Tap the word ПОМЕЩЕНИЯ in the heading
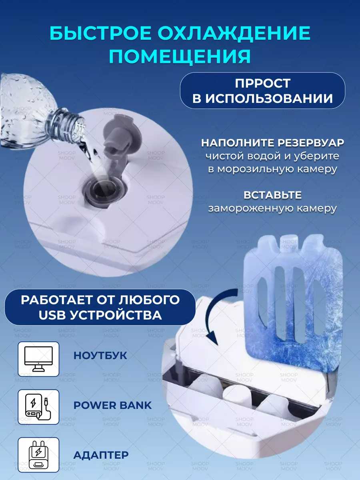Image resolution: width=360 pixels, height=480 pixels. [x=180, y=56]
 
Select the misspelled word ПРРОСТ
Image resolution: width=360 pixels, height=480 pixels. [x=262, y=83]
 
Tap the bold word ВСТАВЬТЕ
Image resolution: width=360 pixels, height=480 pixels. [x=272, y=195]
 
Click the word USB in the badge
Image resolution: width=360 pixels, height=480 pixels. [x=52, y=315]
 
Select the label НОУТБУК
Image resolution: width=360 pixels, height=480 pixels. [x=100, y=355]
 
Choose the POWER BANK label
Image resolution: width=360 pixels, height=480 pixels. [x=112, y=405]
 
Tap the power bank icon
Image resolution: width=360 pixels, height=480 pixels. [x=38, y=407]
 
